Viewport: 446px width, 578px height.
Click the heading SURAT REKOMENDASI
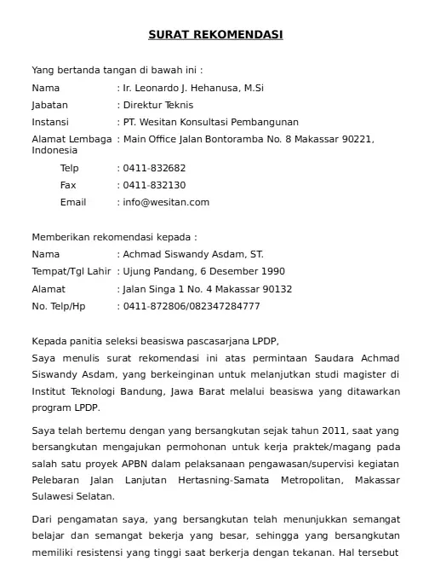click(215, 35)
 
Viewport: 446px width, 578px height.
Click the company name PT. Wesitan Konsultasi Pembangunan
click(211, 122)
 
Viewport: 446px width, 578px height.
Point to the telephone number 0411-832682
click(155, 168)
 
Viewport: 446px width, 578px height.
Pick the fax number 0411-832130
click(155, 185)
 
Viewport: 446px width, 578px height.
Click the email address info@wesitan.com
click(166, 202)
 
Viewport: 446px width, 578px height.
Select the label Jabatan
click(49, 105)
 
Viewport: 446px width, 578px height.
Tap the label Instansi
click(49, 122)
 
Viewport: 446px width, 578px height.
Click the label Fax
click(68, 185)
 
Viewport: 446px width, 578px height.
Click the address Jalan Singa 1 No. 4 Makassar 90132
click(208, 289)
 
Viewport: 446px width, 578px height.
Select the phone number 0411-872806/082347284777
click(192, 306)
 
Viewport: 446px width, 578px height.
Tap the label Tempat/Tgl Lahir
click(71, 271)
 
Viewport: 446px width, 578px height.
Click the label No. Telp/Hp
click(59, 306)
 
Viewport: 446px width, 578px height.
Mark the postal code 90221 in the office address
click(356, 139)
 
